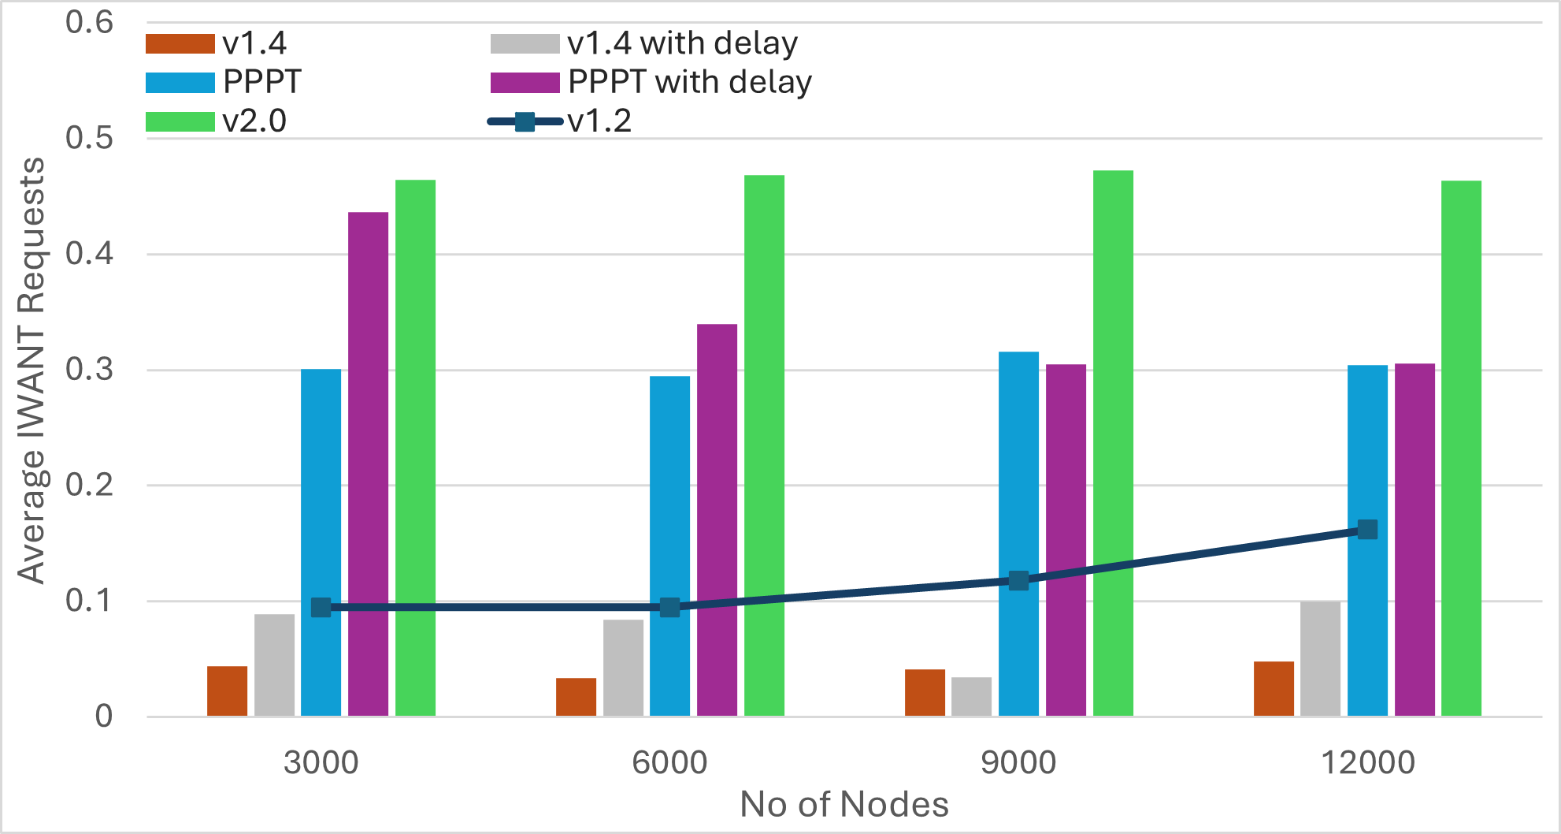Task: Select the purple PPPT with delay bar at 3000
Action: click(368, 464)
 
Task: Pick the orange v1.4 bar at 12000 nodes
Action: click(1274, 689)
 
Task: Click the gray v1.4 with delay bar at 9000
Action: click(971, 697)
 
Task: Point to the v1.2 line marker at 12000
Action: click(1367, 530)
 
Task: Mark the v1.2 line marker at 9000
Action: click(1018, 581)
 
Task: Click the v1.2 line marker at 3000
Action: click(321, 607)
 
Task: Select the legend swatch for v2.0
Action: click(180, 121)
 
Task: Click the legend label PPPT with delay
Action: click(690, 82)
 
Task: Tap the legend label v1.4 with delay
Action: click(682, 43)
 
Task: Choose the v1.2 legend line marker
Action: click(525, 121)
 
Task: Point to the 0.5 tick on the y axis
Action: click(89, 138)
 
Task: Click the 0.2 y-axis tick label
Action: click(89, 485)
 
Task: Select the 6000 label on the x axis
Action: click(669, 762)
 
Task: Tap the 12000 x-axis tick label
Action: click(1367, 762)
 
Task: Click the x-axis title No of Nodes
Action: click(844, 804)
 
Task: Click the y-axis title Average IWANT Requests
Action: click(32, 370)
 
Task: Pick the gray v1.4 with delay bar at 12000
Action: click(1320, 659)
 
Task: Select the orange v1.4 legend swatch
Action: click(180, 44)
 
